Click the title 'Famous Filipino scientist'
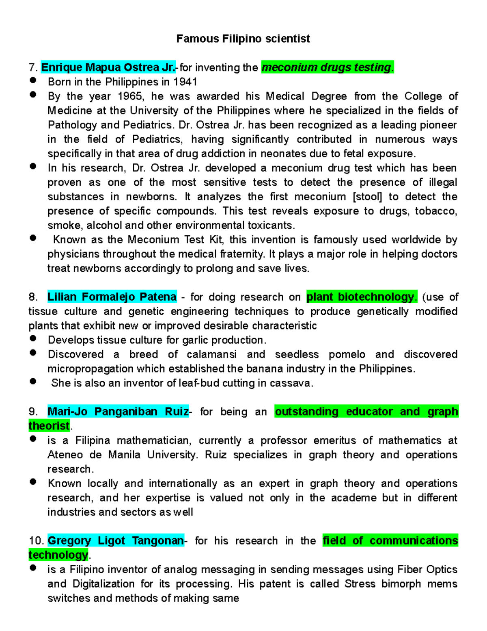click(243, 39)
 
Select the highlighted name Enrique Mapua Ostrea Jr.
click(108, 67)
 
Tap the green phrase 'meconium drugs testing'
click(327, 67)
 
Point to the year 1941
click(185, 82)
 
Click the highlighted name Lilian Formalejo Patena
click(112, 297)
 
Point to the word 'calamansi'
click(211, 354)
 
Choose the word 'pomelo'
click(347, 354)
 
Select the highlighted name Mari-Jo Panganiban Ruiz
click(118, 412)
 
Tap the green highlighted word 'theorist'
click(49, 426)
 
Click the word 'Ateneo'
click(65, 455)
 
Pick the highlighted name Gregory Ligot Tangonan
click(116, 541)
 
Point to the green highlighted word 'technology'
click(58, 555)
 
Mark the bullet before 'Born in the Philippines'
click(33, 80)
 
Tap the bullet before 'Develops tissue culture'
click(33, 338)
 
